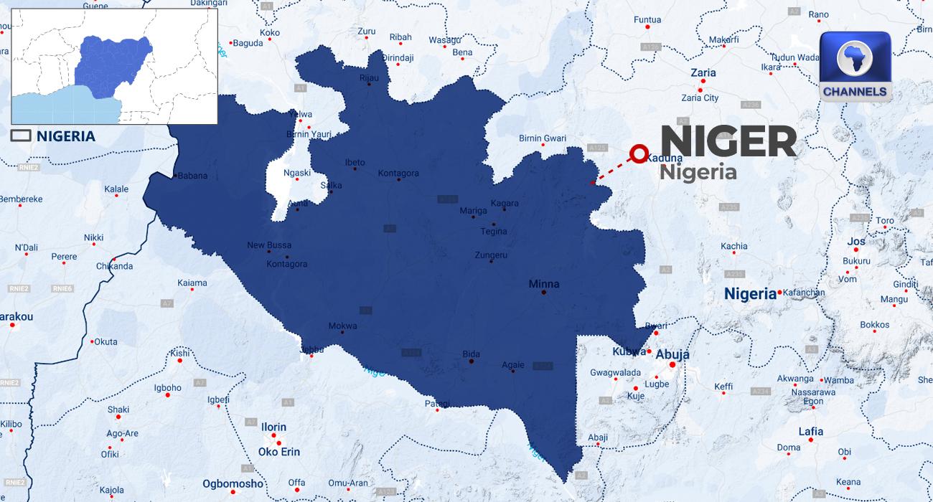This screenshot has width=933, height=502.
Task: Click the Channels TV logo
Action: pyautogui.click(x=855, y=66)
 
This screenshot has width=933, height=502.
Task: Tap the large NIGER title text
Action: pyautogui.click(x=728, y=141)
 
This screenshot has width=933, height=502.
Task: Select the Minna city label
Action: pyautogui.click(x=543, y=284)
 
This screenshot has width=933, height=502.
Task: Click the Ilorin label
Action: pyautogui.click(x=273, y=427)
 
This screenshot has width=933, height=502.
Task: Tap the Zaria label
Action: pyautogui.click(x=703, y=72)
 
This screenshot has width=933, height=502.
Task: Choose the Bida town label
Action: pyautogui.click(x=471, y=354)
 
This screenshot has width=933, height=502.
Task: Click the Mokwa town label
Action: pyautogui.click(x=342, y=326)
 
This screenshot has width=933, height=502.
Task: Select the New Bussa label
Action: pyautogui.click(x=269, y=245)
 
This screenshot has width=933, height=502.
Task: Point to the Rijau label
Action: pyautogui.click(x=368, y=77)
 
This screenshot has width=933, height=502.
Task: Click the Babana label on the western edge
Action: pyautogui.click(x=192, y=176)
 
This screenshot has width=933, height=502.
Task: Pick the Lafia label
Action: pyautogui.click(x=810, y=431)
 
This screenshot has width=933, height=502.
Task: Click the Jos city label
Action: pyautogui.click(x=856, y=241)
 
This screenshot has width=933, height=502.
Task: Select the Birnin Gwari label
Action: pyautogui.click(x=543, y=138)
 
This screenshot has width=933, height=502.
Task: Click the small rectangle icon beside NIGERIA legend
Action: pyautogui.click(x=20, y=136)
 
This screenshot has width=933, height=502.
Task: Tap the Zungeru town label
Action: pyautogui.click(x=491, y=255)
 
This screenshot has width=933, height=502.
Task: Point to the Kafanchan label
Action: pyautogui.click(x=805, y=293)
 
